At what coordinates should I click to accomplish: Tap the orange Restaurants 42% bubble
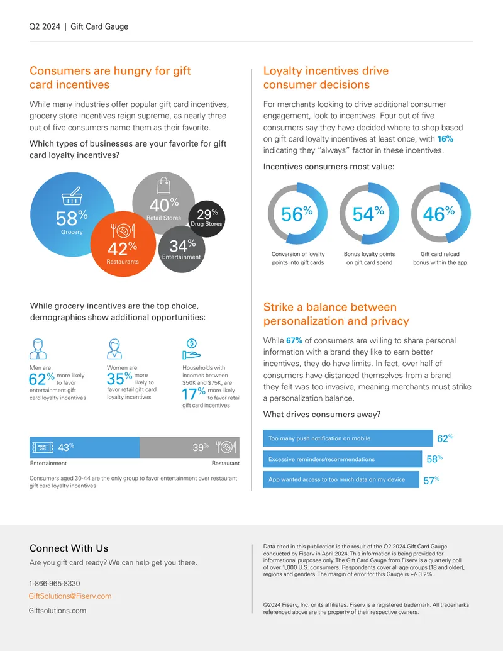click(123, 244)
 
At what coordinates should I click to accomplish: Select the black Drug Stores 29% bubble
click(207, 219)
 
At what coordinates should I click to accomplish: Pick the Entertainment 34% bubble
click(182, 250)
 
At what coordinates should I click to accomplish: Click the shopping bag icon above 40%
click(164, 186)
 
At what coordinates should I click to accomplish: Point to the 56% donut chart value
click(297, 214)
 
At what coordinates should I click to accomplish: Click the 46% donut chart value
click(439, 214)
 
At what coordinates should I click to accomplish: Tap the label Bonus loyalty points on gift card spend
click(369, 259)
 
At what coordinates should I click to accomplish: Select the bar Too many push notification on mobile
click(348, 438)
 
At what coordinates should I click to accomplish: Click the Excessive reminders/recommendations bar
click(343, 459)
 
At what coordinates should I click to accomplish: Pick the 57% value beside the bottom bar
click(431, 481)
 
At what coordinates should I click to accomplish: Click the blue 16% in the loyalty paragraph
click(445, 139)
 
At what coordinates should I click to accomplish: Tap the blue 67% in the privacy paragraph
click(294, 340)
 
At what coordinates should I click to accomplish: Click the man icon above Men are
click(38, 348)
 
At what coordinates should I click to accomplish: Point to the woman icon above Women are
click(114, 348)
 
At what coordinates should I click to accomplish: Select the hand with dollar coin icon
click(191, 349)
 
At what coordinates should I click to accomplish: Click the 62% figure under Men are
click(41, 379)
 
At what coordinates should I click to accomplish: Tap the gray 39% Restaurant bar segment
click(190, 447)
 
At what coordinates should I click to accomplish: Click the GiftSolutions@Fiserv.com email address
click(70, 596)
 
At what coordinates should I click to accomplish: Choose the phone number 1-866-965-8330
click(54, 583)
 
